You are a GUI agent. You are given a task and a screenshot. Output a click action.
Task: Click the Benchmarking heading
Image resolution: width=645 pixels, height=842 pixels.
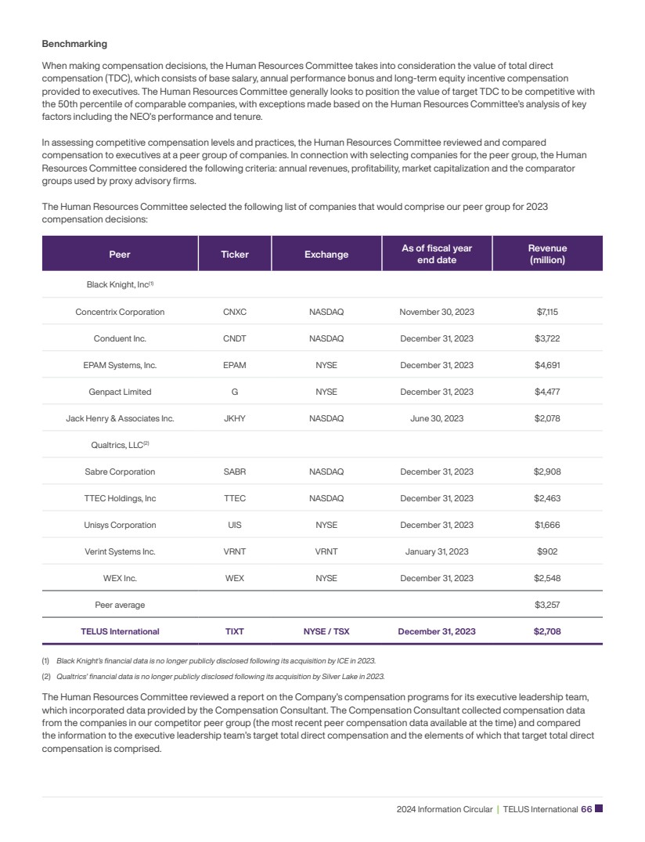tap(74, 44)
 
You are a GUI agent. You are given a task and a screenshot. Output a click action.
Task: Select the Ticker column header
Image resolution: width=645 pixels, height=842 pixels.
tap(235, 255)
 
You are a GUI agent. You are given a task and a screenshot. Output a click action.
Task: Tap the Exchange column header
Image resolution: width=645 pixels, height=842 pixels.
tap(326, 255)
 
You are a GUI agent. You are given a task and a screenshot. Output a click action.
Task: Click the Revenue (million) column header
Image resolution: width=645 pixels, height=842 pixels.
tap(547, 254)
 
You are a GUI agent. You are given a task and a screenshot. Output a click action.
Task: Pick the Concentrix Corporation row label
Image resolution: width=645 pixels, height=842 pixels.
tap(120, 312)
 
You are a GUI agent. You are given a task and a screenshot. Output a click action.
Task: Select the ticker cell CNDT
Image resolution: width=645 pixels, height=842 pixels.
tap(235, 338)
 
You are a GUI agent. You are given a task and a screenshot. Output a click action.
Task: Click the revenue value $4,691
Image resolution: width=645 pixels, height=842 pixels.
tap(547, 365)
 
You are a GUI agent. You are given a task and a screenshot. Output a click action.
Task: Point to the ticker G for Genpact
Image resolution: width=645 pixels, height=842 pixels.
tap(235, 392)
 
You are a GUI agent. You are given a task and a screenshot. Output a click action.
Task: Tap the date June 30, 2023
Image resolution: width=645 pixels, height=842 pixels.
tap(436, 418)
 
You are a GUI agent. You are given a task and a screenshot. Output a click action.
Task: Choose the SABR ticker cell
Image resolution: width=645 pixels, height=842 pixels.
tap(235, 472)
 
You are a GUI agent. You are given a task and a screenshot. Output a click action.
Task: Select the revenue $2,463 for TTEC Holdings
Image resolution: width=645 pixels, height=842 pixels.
tap(547, 498)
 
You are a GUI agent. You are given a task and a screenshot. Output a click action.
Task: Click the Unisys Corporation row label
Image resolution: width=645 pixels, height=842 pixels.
tap(120, 525)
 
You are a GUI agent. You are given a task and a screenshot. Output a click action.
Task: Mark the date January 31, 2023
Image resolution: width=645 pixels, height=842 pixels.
tap(436, 551)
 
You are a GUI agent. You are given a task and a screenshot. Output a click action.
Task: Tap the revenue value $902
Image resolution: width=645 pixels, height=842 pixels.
tap(547, 551)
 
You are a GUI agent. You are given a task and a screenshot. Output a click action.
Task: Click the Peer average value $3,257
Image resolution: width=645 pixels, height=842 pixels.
tap(547, 605)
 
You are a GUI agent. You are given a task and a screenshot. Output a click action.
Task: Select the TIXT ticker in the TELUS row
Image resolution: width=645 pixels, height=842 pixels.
tap(235, 631)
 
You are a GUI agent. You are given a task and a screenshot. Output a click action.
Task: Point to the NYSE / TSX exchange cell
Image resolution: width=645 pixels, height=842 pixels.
tap(326, 631)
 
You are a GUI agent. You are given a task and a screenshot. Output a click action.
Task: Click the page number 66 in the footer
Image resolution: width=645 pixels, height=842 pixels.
tap(586, 809)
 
